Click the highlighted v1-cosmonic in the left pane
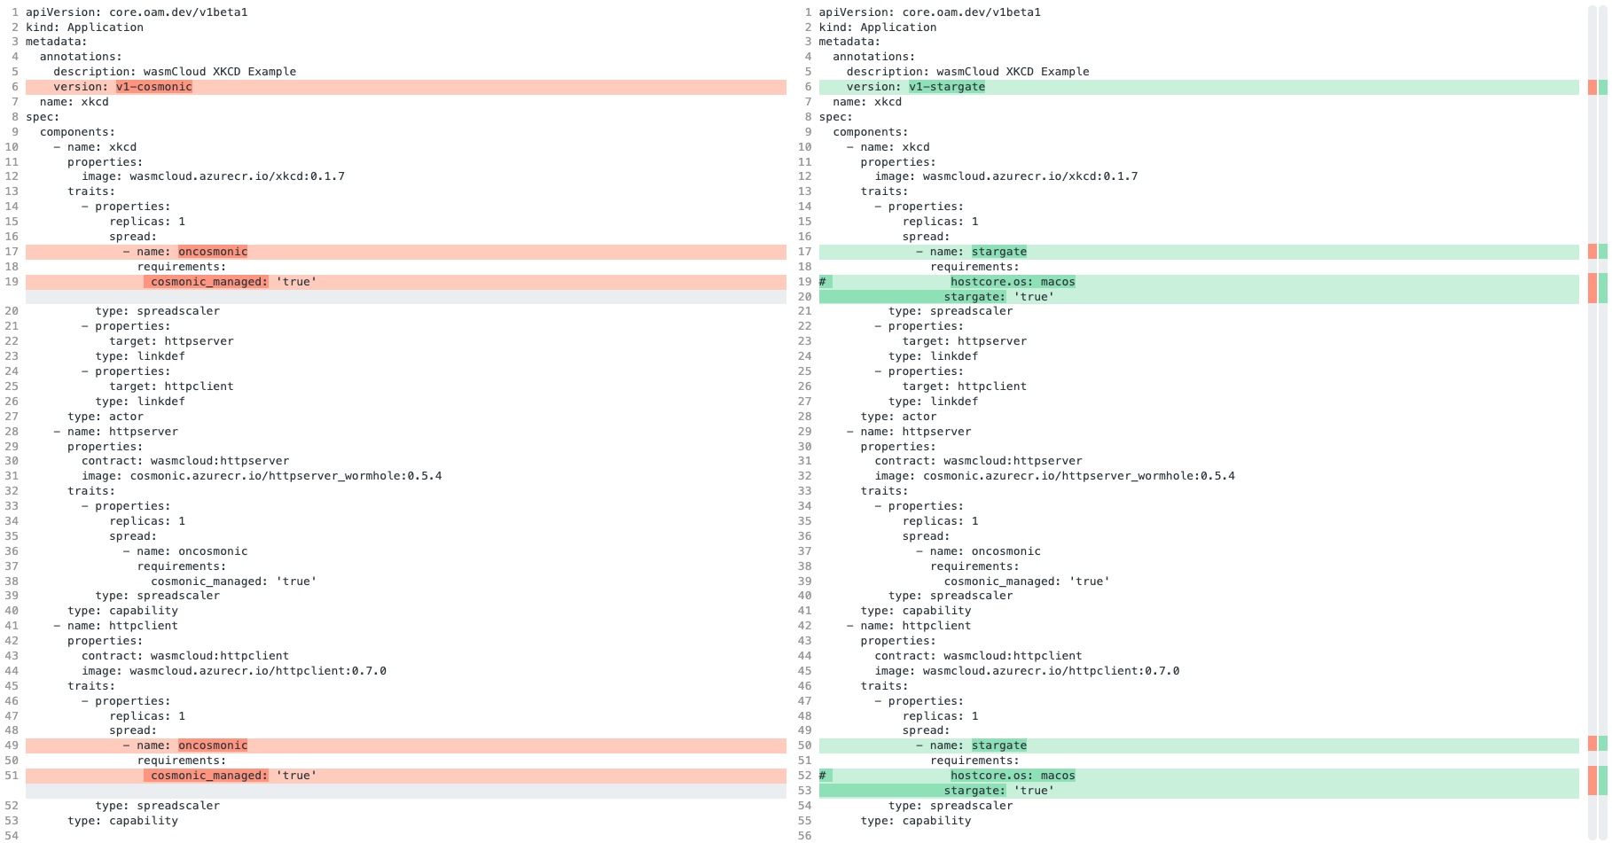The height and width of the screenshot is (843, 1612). point(153,87)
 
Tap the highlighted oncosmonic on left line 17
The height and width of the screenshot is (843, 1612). point(213,252)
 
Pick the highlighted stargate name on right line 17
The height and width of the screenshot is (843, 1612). point(998,252)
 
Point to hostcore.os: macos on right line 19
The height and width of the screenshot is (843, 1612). point(1012,282)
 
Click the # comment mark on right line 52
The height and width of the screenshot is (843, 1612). point(823,776)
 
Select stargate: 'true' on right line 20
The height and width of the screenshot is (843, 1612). point(998,297)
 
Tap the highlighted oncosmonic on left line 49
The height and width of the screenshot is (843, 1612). point(213,745)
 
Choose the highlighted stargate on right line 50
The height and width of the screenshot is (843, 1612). point(998,745)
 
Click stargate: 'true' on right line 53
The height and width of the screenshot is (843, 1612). point(998,791)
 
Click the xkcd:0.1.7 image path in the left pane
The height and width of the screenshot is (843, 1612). point(237,176)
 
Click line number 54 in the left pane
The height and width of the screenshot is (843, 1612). point(12,835)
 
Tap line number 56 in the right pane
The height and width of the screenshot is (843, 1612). point(804,835)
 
